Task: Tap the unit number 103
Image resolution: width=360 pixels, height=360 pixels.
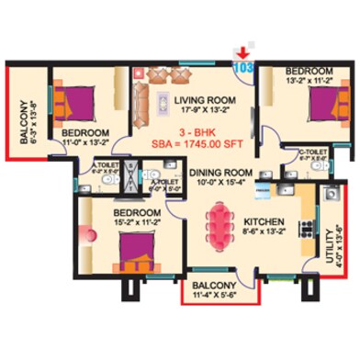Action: [245, 66]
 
